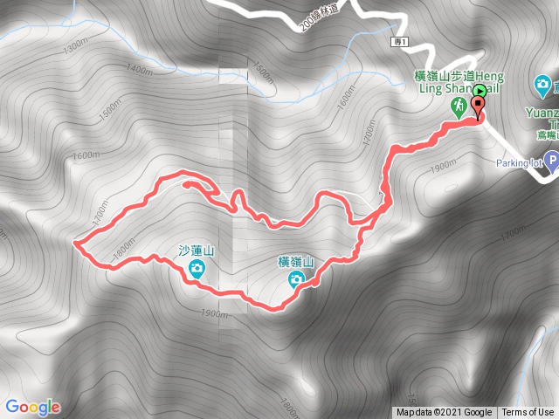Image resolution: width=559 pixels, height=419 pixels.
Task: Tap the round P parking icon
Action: coord(551,160)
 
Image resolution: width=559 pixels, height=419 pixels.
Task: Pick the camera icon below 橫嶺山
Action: coord(296,278)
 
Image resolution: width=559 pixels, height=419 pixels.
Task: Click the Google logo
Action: coord(32,407)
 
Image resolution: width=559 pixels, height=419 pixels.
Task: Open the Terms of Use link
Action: coord(528,413)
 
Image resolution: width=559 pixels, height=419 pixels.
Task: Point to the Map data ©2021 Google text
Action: coord(444,413)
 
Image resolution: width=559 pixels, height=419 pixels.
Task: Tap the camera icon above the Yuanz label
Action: coord(542,86)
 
